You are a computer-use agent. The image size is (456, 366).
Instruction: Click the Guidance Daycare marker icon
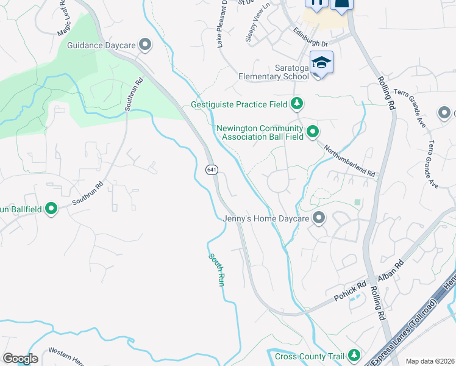[x=145, y=45]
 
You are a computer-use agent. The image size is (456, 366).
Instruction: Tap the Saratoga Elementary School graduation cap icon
[x=321, y=63]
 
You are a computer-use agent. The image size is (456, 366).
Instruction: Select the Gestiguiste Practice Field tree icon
[x=297, y=104]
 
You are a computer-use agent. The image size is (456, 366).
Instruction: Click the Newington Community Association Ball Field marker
[x=313, y=132]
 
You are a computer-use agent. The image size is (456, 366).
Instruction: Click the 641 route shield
[x=211, y=170]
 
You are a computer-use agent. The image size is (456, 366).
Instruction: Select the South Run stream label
[x=216, y=270]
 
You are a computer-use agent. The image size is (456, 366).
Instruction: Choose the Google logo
[x=20, y=359]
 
